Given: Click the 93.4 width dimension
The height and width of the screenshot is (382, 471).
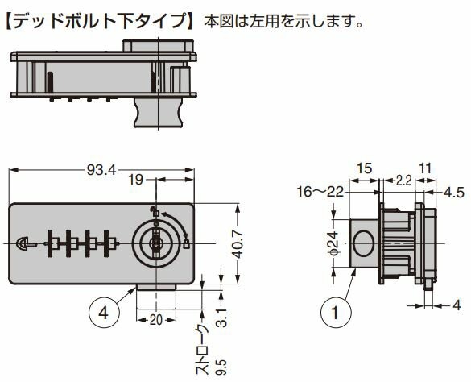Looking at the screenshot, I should [x=101, y=171].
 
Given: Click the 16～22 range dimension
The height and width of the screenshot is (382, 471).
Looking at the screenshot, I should [x=320, y=191].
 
